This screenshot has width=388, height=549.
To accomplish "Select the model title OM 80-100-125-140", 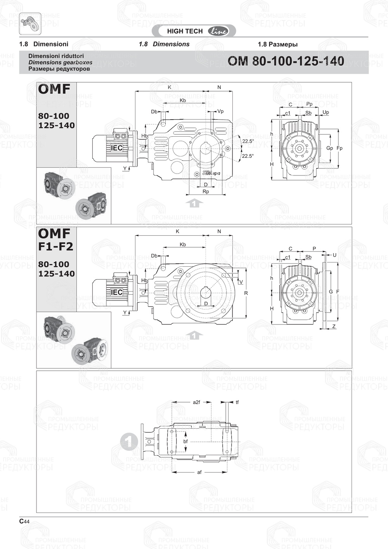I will click(x=286, y=61).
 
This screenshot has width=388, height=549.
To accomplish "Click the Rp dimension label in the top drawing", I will click(x=206, y=192).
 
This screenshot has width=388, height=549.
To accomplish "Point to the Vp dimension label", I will click(x=220, y=111).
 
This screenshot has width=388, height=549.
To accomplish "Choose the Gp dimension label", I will click(x=329, y=148).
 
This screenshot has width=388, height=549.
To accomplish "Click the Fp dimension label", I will click(x=339, y=148).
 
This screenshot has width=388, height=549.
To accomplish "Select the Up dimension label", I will click(x=326, y=112).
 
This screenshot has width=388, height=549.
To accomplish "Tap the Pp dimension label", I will click(x=309, y=104).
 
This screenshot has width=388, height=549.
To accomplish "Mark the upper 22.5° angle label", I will click(x=248, y=141).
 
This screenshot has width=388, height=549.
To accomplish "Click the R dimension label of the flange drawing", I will click(x=246, y=293).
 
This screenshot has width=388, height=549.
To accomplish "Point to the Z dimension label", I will click(x=334, y=327).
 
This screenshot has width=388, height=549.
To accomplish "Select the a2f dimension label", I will click(x=196, y=402).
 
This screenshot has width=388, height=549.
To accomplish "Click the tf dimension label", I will click(x=237, y=402).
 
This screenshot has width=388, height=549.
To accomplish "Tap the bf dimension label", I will click(x=185, y=441).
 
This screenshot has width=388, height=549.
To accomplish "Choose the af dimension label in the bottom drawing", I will click(x=199, y=472).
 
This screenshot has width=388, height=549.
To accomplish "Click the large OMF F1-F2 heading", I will click(x=55, y=240).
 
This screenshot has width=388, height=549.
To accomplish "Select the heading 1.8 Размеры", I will click(x=277, y=44).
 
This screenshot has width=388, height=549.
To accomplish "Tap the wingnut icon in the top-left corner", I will click(x=30, y=23).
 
